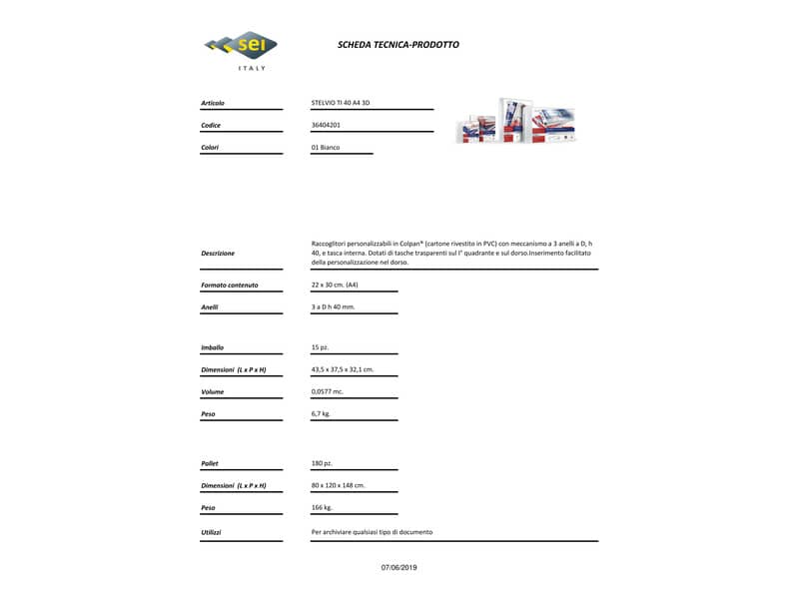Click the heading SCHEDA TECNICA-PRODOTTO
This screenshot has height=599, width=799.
pos(399,45)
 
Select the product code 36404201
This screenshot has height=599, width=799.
pos(326,126)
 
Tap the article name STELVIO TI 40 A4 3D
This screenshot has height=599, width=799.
pos(341,103)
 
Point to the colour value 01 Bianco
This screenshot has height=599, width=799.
pos(326,148)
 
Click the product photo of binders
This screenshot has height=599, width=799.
pos(515,121)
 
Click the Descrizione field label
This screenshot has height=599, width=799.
pos(218,254)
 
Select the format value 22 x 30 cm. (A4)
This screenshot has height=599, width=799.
pos(335,286)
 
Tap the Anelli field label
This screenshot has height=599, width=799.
pos(210,307)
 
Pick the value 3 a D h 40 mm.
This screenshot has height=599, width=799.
pos(333,307)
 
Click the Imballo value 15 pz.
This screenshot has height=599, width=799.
pos(321,347)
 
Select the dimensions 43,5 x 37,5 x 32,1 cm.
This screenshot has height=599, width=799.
pos(343,369)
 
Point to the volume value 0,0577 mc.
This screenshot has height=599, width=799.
pos(329,391)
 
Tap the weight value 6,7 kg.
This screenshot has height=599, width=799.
pos(321,413)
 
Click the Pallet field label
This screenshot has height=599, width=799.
pos(210,463)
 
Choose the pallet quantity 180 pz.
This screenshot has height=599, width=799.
pos(323,463)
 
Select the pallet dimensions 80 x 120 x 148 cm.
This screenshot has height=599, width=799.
pos(339,485)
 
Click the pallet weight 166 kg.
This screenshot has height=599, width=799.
pos(322,507)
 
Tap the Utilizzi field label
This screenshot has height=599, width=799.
pos(211,532)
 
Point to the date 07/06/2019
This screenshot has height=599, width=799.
pos(399,567)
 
